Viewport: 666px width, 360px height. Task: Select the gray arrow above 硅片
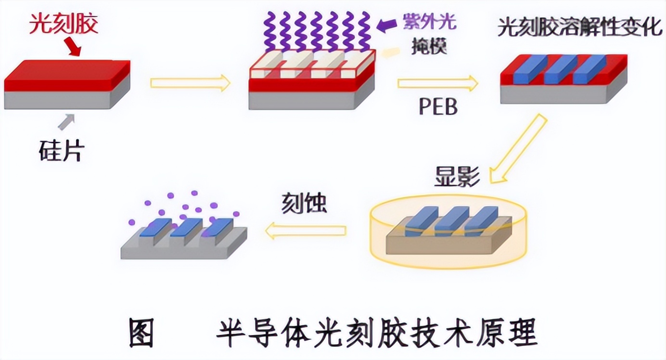66,122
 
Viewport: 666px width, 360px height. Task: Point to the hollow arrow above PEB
437,84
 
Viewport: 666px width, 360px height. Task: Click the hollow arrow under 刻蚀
306,231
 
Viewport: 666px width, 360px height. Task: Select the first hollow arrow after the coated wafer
190,83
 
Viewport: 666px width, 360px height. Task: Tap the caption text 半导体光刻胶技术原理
375,333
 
